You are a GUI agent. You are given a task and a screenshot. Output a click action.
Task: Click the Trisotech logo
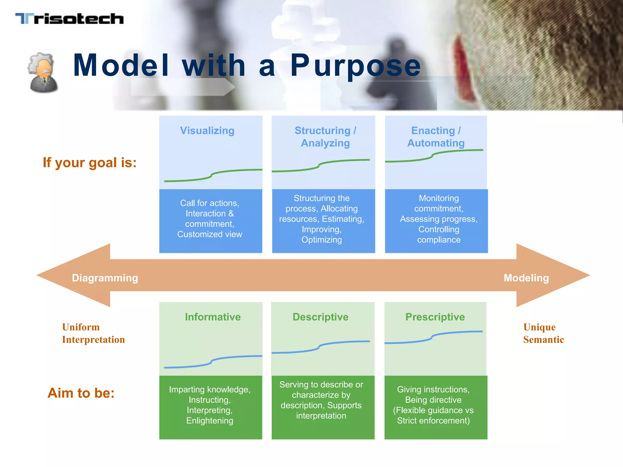tap(69, 19)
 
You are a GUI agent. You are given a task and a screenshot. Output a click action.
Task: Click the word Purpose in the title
tap(355, 65)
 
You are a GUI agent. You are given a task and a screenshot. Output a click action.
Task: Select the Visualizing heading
tap(207, 130)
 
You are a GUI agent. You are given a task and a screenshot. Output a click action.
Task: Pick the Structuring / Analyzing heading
tap(325, 137)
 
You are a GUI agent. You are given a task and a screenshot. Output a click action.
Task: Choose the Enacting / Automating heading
tap(436, 137)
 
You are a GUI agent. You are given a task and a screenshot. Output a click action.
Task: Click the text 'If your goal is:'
tap(89, 162)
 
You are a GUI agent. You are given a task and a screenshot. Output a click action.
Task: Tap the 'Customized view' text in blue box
tap(210, 234)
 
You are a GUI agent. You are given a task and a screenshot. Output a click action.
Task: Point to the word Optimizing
tap(322, 240)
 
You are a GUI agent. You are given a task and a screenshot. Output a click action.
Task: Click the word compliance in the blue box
tap(439, 240)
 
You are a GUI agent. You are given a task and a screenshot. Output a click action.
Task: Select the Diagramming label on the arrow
tap(105, 278)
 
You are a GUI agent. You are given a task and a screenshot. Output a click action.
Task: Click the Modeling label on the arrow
tap(526, 278)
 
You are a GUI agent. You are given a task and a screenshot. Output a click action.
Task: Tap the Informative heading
tap(213, 317)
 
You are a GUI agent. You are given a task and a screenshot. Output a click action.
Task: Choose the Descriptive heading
tap(320, 317)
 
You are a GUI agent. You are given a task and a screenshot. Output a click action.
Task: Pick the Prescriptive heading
tap(435, 317)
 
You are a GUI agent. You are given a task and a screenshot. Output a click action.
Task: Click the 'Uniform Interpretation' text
tap(93, 333)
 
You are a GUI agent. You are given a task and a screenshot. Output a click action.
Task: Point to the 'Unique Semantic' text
tap(543, 333)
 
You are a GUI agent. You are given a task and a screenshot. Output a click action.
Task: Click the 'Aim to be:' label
tap(81, 393)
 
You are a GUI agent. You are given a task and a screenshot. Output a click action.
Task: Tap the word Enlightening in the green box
tap(210, 420)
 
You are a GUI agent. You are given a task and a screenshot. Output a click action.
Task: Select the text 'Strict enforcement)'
tap(433, 420)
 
